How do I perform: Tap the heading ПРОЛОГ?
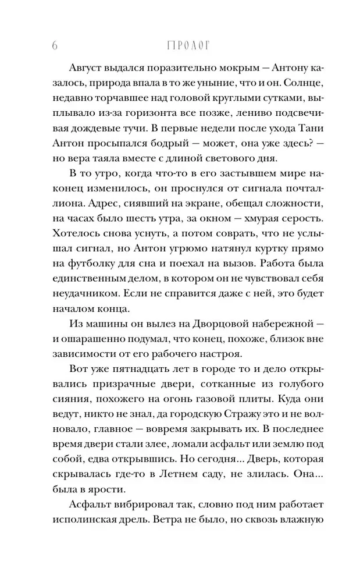181,45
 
